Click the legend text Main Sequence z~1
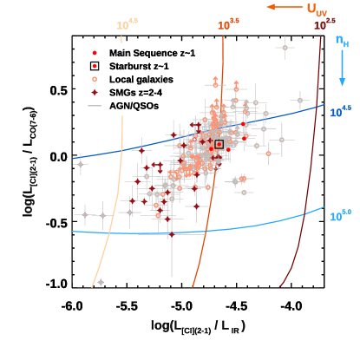(x=152, y=53)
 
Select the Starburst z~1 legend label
(x=140, y=66)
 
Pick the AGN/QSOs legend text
(x=134, y=106)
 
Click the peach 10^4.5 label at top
(x=127, y=25)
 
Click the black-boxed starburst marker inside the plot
(x=219, y=144)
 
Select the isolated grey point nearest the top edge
(x=285, y=48)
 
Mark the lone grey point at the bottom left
(x=101, y=282)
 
